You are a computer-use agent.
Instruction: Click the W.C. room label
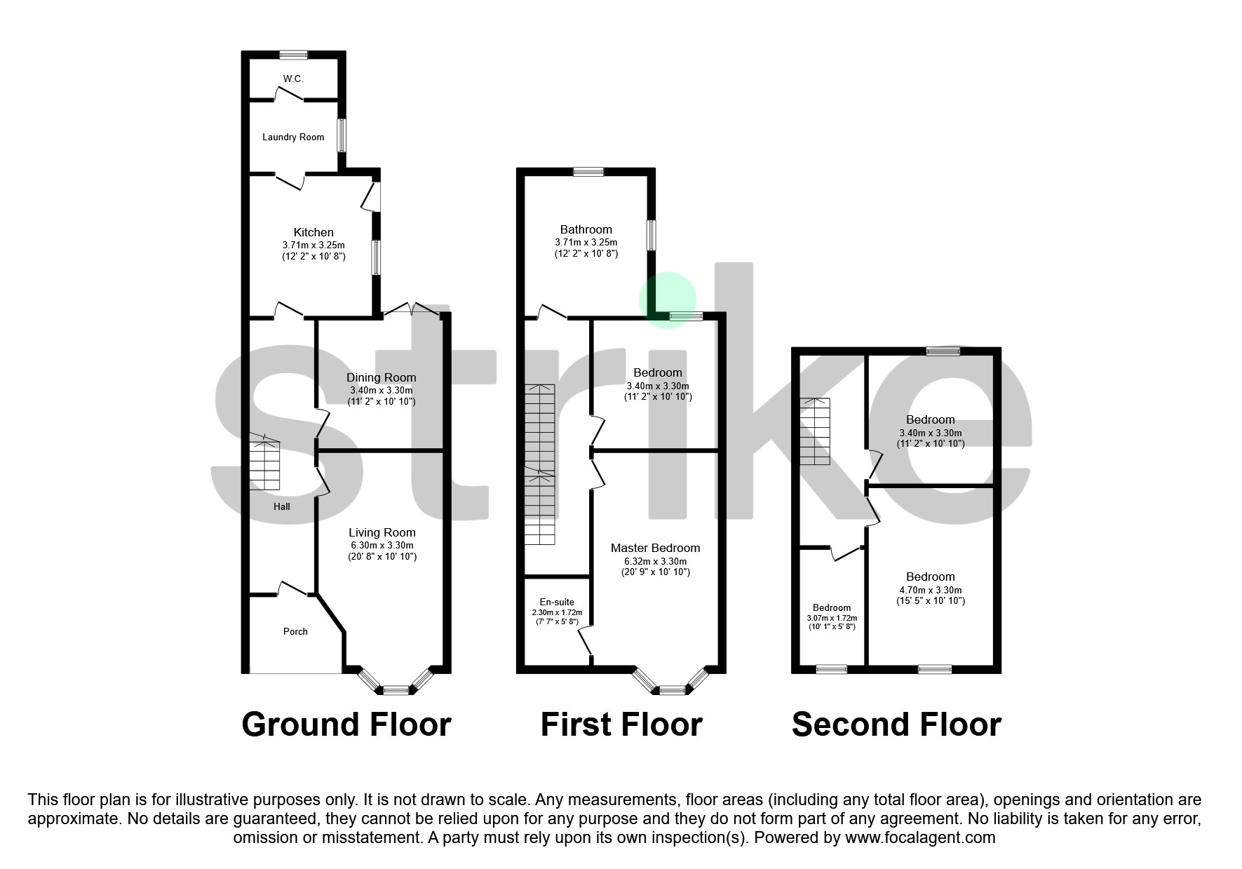click(x=293, y=79)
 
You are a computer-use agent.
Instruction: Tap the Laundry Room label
click(x=293, y=137)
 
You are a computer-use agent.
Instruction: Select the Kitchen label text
click(x=313, y=232)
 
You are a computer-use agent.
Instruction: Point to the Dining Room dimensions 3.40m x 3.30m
click(x=382, y=390)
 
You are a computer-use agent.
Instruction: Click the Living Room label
click(x=382, y=532)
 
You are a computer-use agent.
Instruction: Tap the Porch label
click(x=295, y=631)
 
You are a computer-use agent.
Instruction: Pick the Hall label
click(x=282, y=506)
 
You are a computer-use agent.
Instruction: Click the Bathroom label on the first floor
click(x=586, y=229)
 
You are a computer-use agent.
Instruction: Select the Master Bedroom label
click(x=655, y=548)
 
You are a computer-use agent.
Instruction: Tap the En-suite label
click(x=557, y=602)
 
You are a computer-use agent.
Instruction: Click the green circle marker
click(x=667, y=299)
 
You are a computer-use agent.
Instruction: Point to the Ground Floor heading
click(x=346, y=725)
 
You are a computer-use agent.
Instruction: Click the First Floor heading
click(x=621, y=725)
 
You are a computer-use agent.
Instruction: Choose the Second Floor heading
click(x=896, y=725)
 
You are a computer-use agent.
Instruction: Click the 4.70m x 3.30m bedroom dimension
click(x=931, y=590)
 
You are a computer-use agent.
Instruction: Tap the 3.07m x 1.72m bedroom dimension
click(x=832, y=618)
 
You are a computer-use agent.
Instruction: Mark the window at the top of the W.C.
click(x=293, y=54)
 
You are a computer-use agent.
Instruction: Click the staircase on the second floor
click(x=816, y=431)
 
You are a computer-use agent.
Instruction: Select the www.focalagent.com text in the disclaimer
click(x=920, y=837)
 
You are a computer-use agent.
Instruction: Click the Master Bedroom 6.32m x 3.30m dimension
click(x=656, y=561)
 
